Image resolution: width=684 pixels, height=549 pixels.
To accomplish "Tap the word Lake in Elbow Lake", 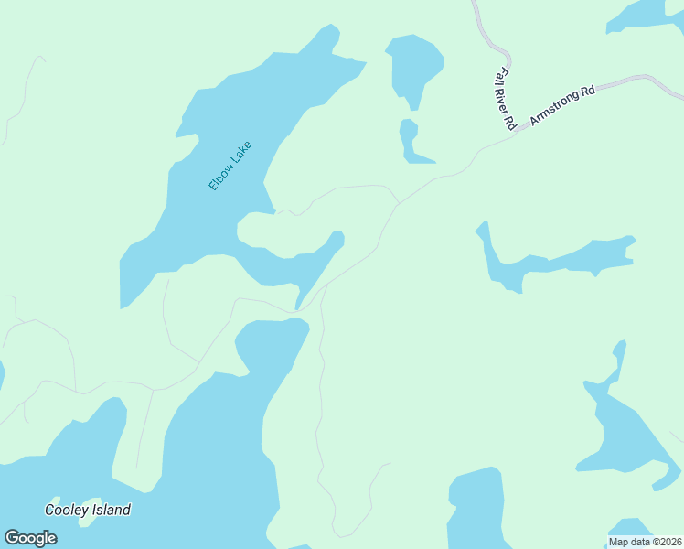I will tap(240, 151).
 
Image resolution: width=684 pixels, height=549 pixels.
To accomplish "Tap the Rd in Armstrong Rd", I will tap(587, 91).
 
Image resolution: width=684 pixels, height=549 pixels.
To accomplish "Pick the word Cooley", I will tap(67, 511).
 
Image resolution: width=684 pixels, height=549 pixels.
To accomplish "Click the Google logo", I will tap(30, 538).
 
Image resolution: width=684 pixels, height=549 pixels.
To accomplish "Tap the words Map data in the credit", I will tap(628, 542).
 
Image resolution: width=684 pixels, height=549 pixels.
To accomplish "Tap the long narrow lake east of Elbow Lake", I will tap(558, 259).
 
